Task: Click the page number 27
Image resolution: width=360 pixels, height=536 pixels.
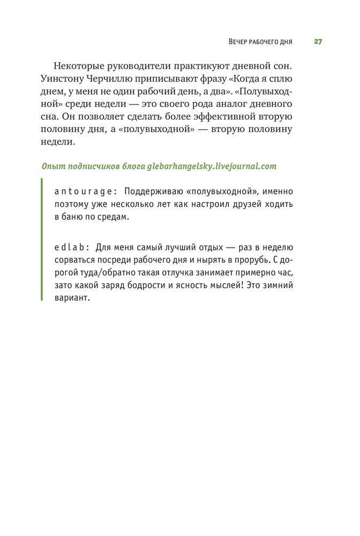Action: point(318,42)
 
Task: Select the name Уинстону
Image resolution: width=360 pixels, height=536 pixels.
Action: point(62,78)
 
